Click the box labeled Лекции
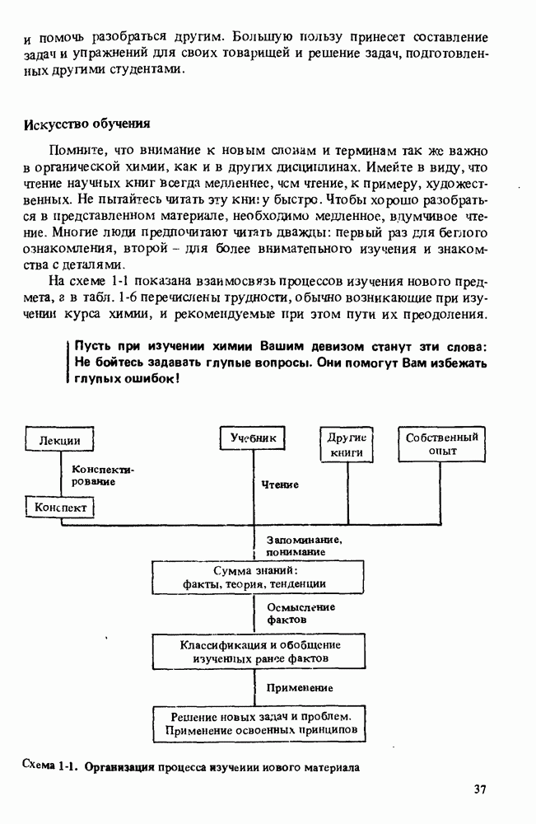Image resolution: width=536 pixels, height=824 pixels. coord(59,441)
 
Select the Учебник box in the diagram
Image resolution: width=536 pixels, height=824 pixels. coord(253,438)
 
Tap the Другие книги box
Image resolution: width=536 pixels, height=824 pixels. coord(347,445)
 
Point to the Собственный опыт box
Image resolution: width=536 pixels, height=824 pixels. coord(442,444)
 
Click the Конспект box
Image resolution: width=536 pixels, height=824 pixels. coord(61,508)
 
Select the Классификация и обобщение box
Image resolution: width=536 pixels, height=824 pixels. coord(260,651)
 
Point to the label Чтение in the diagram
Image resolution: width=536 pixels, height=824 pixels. coord(280,485)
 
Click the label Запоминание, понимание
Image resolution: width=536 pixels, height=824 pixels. coord(303,545)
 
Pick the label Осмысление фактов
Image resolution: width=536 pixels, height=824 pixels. coord(301,612)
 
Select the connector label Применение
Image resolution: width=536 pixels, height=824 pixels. coord(300,687)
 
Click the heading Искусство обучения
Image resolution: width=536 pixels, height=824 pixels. coord(86,125)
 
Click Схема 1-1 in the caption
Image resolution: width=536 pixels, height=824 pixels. coord(50,766)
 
